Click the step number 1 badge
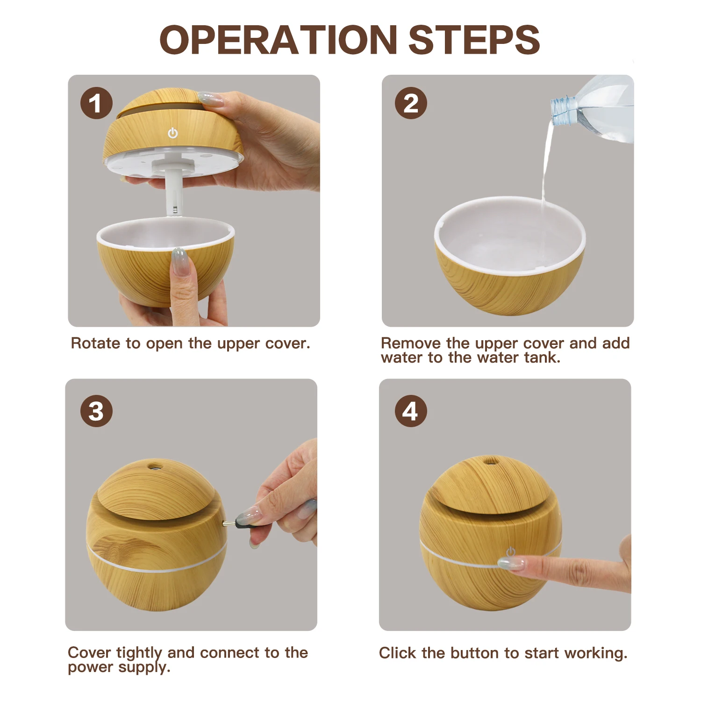pyautogui.click(x=96, y=103)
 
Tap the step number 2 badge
pyautogui.click(x=411, y=103)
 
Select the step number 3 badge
pyautogui.click(x=96, y=411)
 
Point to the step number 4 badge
pyautogui.click(x=411, y=411)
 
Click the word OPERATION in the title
pyautogui.click(x=279, y=40)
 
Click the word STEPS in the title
pyautogui.click(x=474, y=40)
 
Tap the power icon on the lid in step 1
pyautogui.click(x=173, y=133)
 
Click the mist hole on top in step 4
pyautogui.click(x=490, y=461)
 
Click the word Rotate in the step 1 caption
pyautogui.click(x=96, y=343)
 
